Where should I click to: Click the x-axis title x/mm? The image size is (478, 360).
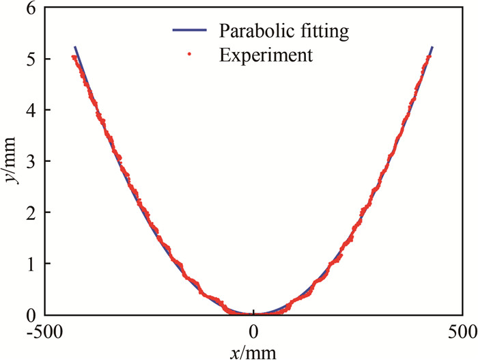254,351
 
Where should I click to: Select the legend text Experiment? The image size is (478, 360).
266,55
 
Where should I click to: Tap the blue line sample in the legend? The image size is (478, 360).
192,31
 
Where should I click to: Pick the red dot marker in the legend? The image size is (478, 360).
192,55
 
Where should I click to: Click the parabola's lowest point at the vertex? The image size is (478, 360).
254,314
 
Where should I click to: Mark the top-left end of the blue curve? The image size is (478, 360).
74,47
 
